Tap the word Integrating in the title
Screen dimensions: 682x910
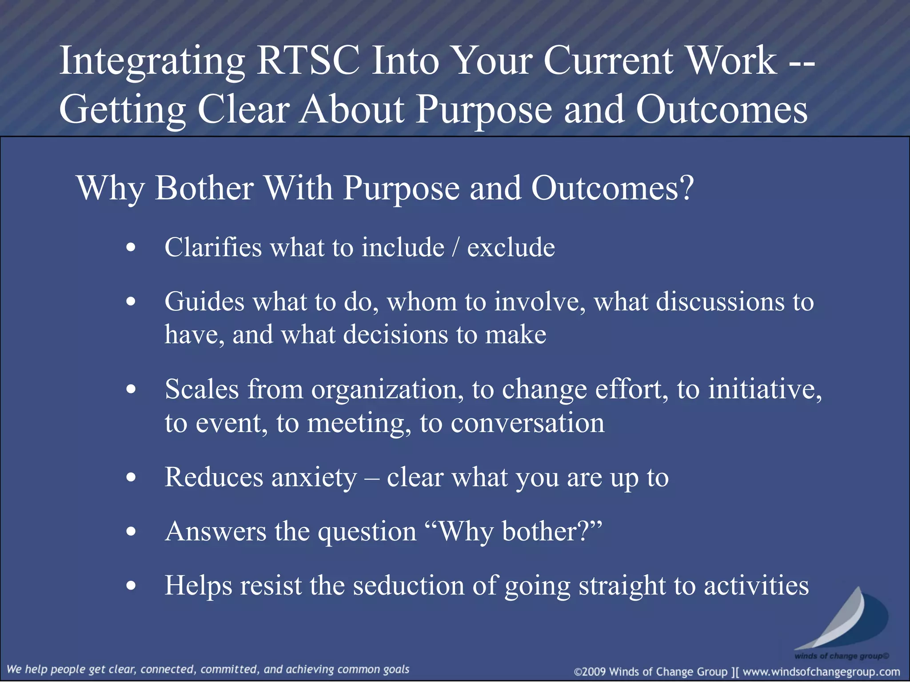[152, 62]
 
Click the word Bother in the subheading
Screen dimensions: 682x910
[204, 188]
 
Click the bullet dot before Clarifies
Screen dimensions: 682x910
[131, 248]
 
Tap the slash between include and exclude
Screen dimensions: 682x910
[455, 247]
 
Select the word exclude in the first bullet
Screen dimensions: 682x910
[511, 247]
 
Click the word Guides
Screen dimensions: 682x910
[204, 302]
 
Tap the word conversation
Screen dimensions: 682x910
[527, 423]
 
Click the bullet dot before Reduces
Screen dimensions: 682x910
[131, 478]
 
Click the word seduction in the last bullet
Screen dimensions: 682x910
[408, 586]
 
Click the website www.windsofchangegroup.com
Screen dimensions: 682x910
[821, 672]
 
